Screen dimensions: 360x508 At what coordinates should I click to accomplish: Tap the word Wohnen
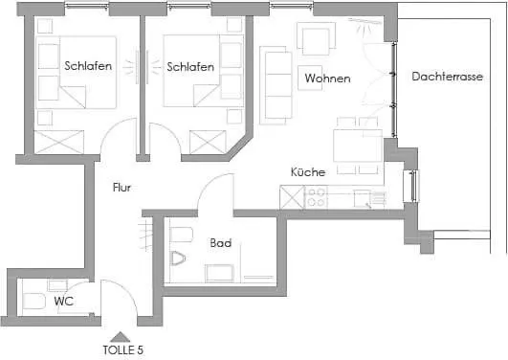(x=327, y=79)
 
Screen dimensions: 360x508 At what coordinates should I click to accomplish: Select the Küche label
(x=308, y=171)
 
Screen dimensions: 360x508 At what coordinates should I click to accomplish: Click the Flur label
(x=121, y=188)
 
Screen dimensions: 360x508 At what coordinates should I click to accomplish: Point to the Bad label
(x=220, y=243)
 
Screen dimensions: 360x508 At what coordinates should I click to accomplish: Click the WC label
(x=64, y=302)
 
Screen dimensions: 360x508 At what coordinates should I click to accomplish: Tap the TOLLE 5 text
(x=122, y=350)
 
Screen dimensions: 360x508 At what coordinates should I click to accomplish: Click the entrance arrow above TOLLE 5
(x=120, y=335)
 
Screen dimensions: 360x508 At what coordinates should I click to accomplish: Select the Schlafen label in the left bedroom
(x=88, y=66)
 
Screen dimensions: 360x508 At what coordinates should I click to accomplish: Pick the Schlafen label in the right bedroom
(x=189, y=66)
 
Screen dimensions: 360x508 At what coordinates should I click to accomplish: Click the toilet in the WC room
(x=33, y=303)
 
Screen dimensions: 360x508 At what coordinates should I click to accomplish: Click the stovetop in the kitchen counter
(x=317, y=198)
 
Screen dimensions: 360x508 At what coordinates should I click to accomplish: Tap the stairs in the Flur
(x=145, y=233)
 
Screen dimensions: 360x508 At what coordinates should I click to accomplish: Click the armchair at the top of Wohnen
(x=316, y=38)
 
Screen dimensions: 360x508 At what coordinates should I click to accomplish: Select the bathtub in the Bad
(x=219, y=273)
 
